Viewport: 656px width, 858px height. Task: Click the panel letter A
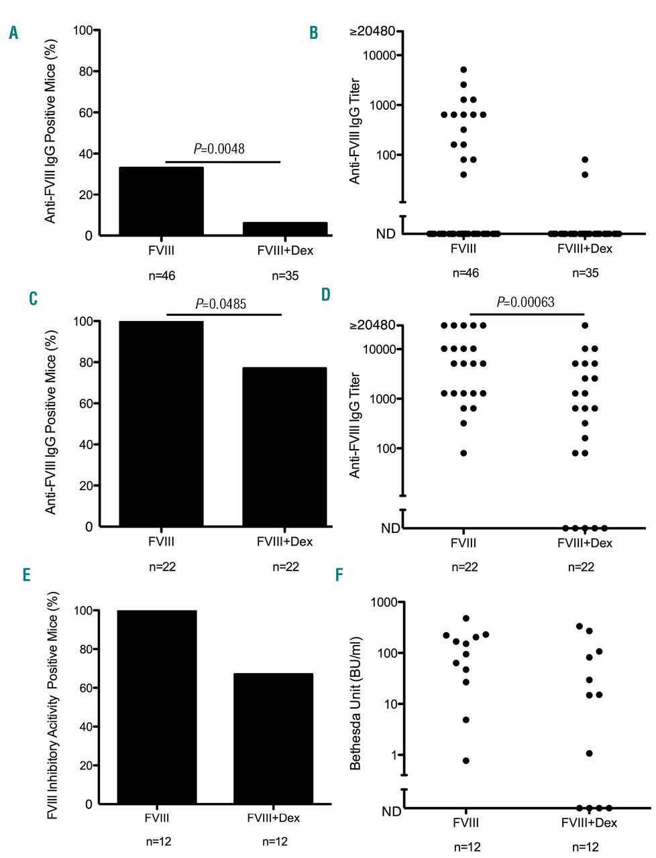point(13,33)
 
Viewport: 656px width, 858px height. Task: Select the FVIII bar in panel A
point(161,201)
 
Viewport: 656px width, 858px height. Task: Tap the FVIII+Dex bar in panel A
point(285,229)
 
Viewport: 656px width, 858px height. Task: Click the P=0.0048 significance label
point(219,149)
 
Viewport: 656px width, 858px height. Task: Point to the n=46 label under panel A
point(162,275)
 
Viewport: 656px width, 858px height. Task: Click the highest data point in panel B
point(463,70)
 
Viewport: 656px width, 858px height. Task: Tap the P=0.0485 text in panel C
point(221,304)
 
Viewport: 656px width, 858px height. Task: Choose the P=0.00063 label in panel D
point(526,302)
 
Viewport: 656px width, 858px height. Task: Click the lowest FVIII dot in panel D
point(463,453)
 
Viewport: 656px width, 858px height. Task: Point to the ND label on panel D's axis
point(390,528)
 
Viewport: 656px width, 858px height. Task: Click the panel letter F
point(339,576)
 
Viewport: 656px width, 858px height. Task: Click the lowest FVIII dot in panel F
point(466,761)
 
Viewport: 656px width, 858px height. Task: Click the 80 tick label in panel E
point(85,650)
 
